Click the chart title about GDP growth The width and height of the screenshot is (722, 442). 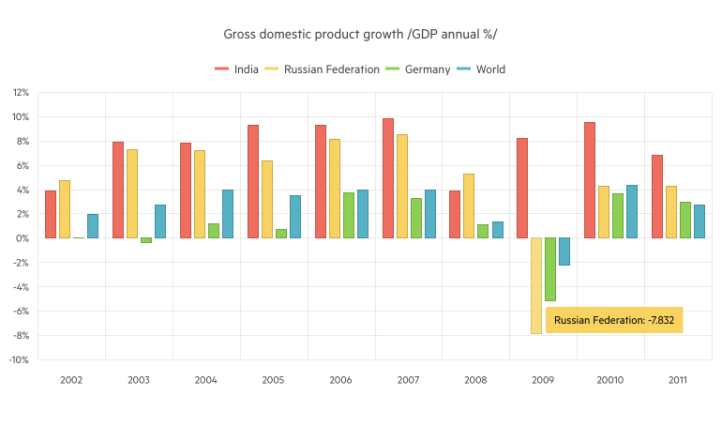click(360, 35)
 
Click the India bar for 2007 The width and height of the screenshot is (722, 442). click(388, 178)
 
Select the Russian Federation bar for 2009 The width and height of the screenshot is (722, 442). click(535, 285)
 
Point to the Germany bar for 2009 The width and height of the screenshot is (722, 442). click(549, 268)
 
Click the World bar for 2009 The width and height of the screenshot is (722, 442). click(564, 251)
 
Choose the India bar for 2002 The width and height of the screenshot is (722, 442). click(51, 214)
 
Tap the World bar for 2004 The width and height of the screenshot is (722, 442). click(228, 214)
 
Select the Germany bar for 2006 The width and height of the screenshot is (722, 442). click(349, 215)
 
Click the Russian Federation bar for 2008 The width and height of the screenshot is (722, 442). click(469, 206)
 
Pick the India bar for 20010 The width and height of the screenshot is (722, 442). click(590, 180)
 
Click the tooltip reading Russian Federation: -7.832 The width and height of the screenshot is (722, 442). click(613, 320)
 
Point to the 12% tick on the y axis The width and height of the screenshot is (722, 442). click(21, 93)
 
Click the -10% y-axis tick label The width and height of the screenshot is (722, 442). click(20, 359)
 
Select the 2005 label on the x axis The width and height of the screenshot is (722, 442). click(274, 380)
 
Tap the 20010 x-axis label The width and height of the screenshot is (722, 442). click(610, 380)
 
